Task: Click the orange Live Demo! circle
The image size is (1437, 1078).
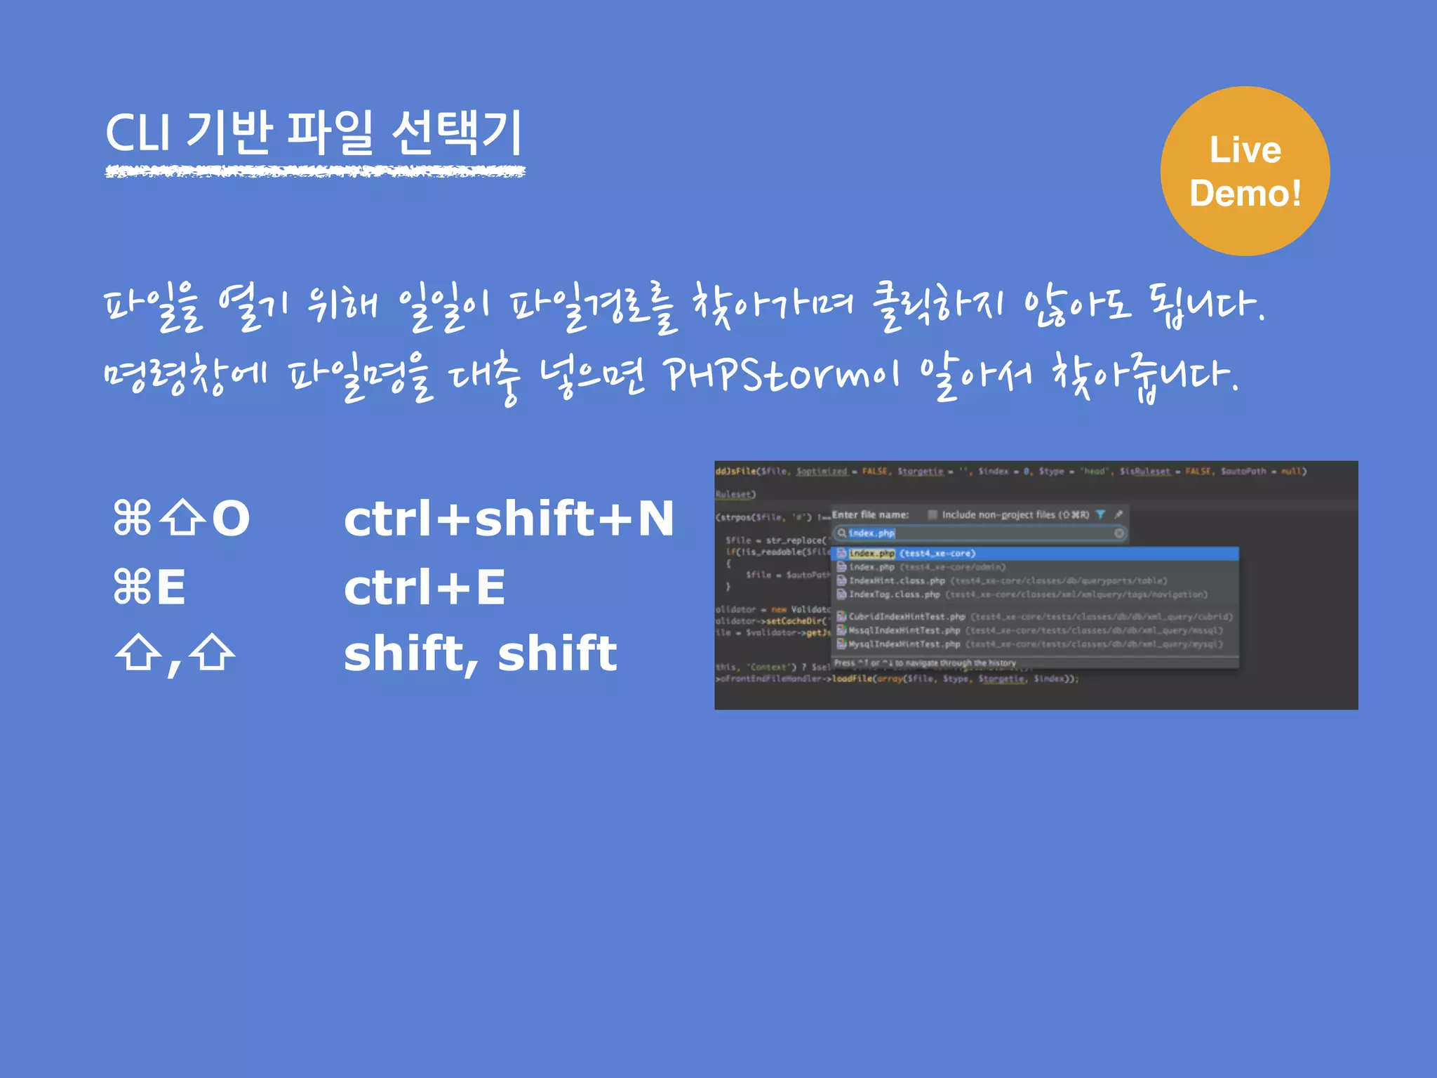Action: coord(1245,171)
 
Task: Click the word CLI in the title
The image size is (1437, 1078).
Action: coord(138,133)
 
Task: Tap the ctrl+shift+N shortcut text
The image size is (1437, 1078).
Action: coord(509,519)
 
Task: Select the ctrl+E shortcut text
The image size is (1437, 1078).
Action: coord(425,587)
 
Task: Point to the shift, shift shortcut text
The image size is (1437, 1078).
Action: coord(480,653)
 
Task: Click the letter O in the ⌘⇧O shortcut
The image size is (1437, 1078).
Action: coord(231,519)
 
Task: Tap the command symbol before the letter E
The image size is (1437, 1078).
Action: coord(133,587)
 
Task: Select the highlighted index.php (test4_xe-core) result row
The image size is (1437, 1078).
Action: coord(912,554)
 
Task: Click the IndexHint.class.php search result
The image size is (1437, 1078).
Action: coord(897,581)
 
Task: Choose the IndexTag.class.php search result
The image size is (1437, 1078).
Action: coord(894,594)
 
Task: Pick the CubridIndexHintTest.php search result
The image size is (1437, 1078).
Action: coord(907,617)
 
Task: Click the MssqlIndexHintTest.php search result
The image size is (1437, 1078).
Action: coord(904,630)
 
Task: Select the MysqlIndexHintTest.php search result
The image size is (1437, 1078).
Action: coord(904,644)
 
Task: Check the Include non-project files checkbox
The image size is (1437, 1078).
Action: coord(933,514)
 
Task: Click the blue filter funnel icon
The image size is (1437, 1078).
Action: coord(1100,514)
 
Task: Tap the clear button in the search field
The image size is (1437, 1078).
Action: coord(1119,533)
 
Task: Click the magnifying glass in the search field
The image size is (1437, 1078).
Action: coord(841,533)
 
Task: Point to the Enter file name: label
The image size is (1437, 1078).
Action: coord(870,514)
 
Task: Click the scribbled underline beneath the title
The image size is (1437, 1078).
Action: coord(315,171)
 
